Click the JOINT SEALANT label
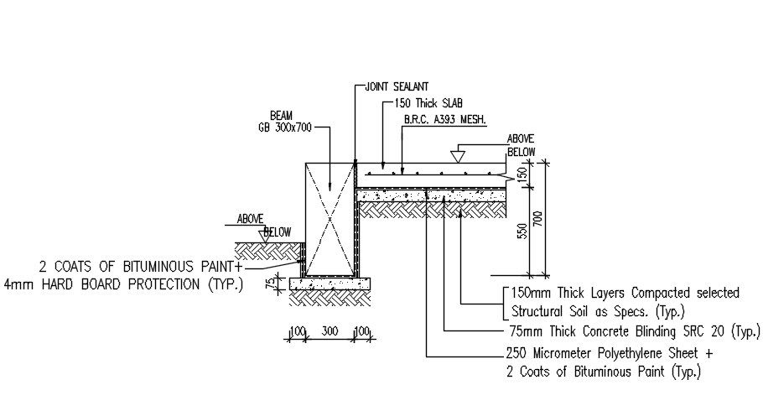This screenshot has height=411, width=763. (x=397, y=86)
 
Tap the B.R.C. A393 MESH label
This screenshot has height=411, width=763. (x=445, y=119)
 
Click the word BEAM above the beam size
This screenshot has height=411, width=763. (x=281, y=115)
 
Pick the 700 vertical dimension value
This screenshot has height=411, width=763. (x=538, y=218)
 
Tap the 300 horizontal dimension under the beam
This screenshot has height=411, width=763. (x=330, y=332)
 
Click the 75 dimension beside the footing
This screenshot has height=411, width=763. (x=270, y=284)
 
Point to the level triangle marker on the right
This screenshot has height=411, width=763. (x=458, y=155)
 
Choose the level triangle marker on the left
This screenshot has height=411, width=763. (x=265, y=237)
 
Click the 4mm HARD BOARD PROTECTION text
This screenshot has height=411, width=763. (x=123, y=284)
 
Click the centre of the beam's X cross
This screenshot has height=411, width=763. (x=330, y=218)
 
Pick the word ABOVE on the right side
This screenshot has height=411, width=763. (x=521, y=139)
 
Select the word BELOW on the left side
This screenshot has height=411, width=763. (x=278, y=232)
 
